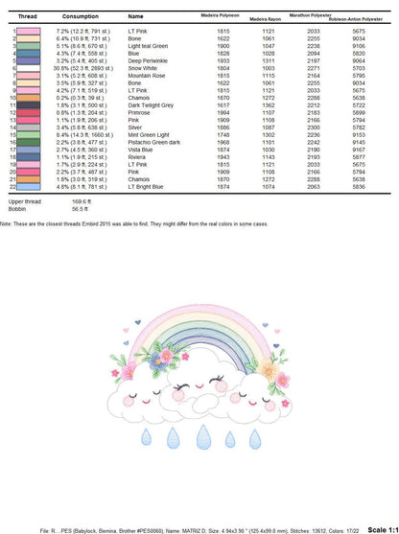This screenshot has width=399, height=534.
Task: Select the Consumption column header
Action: (x=80, y=17)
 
